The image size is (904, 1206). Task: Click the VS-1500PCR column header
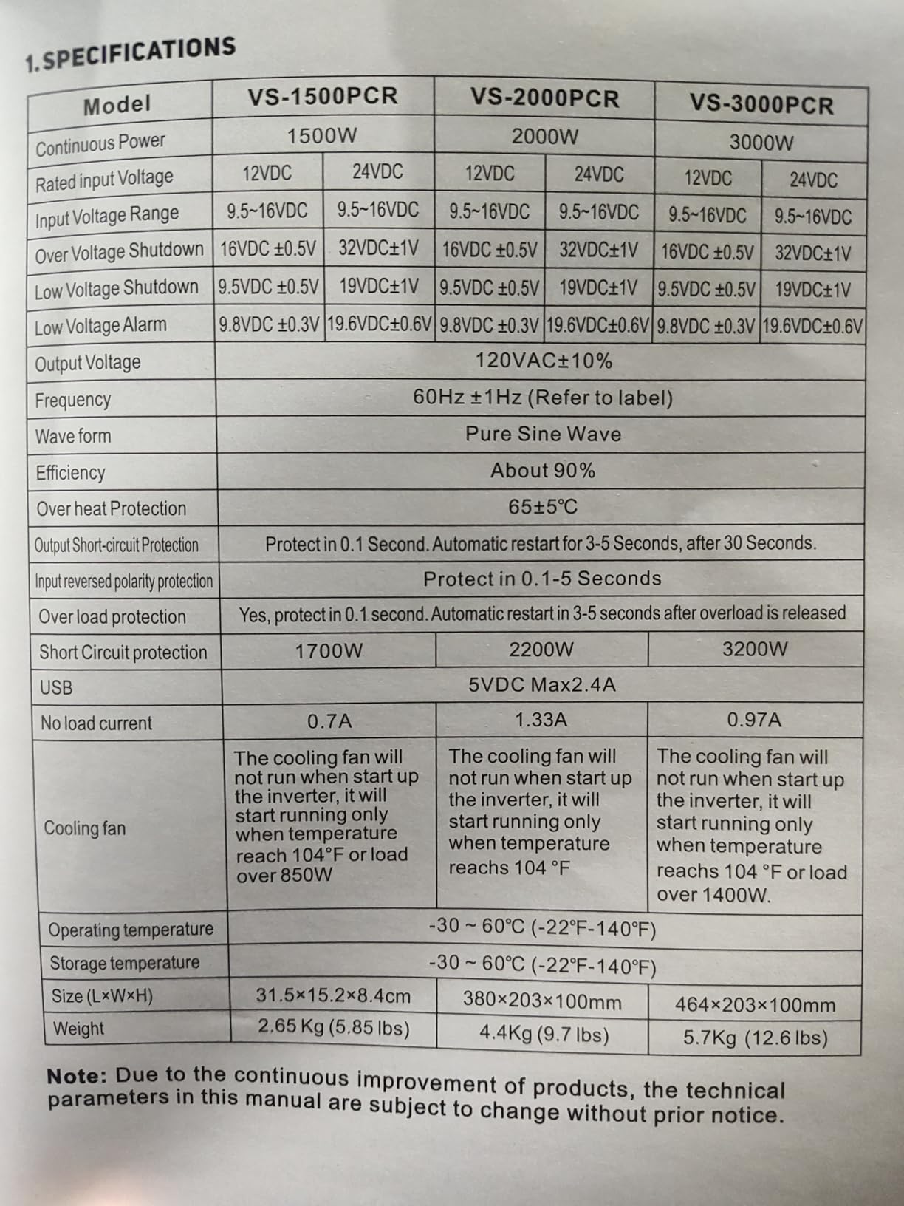(323, 96)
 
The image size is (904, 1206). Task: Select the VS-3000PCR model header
(761, 104)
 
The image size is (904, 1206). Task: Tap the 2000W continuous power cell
(545, 137)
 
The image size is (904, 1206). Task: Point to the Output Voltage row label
(88, 363)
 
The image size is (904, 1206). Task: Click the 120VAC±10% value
(544, 361)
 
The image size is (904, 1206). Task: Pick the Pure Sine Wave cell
(543, 434)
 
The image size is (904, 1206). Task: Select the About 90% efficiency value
(543, 471)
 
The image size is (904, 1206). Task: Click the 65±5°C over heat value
(543, 507)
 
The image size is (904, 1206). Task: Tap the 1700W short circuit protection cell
(329, 651)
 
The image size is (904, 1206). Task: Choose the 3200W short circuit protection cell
(755, 650)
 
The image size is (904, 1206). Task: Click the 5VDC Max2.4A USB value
(542, 684)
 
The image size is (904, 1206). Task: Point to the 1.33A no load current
(541, 720)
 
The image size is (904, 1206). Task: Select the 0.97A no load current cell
(754, 720)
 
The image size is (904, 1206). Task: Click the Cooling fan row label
(85, 828)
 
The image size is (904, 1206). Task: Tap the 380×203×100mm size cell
(542, 1002)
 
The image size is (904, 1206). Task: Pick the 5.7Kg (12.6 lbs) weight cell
(755, 1038)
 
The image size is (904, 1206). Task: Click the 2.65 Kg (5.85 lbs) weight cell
(334, 1028)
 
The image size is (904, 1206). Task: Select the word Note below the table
(77, 1076)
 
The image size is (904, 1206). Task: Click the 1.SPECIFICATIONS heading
(130, 55)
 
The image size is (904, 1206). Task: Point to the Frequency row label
(73, 400)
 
